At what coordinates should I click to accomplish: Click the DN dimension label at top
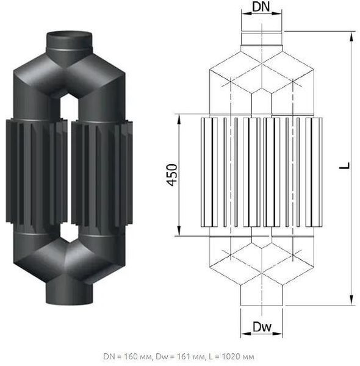[x=261, y=6]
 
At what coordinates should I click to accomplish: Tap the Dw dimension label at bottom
[x=262, y=327]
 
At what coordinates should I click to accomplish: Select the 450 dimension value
[x=172, y=175]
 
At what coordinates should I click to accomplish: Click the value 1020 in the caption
[x=231, y=357]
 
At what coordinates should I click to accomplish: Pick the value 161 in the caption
[x=185, y=357]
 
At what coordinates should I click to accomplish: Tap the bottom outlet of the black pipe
[x=70, y=293]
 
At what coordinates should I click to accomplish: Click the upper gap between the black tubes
[x=70, y=107]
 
